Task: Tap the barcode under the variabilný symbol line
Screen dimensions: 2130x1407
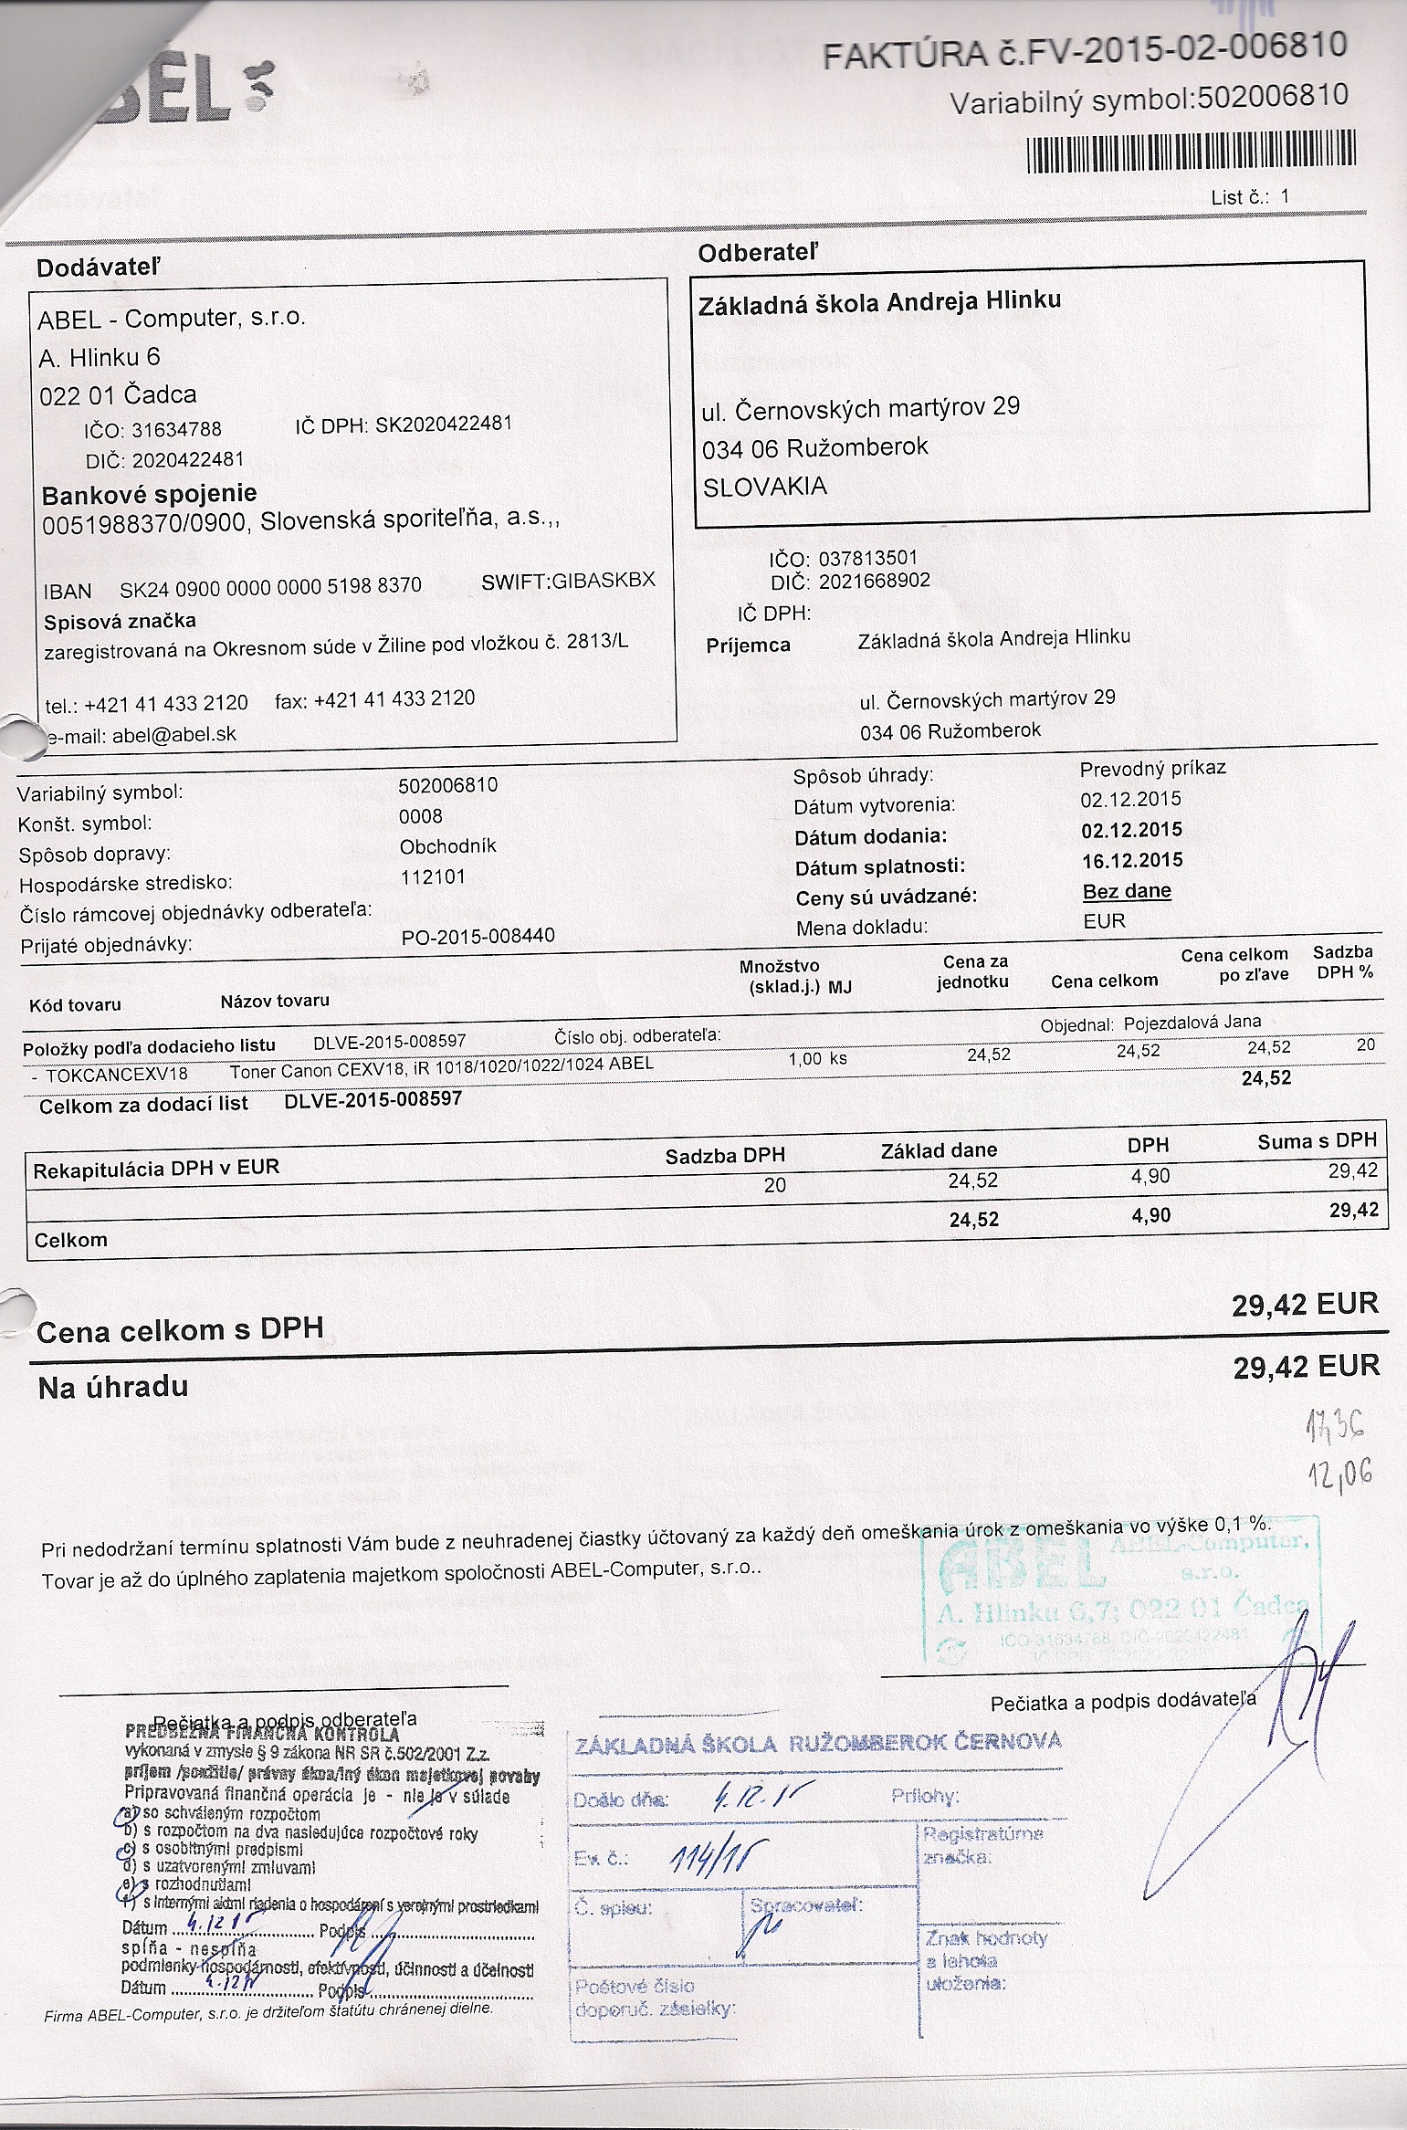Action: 1192,152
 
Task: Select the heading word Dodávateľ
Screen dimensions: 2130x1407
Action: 98,268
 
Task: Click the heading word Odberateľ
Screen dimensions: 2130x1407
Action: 758,253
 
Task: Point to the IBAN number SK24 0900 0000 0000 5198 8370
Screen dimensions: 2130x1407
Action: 271,587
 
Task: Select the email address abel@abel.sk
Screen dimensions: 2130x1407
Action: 174,736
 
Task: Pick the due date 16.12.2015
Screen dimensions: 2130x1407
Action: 1131,860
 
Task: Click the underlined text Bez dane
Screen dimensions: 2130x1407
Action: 1127,891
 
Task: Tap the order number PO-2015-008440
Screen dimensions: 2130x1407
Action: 478,936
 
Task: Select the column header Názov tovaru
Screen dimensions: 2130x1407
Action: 275,1001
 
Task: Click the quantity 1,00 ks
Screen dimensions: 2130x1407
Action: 817,1059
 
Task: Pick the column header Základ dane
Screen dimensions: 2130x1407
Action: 939,1150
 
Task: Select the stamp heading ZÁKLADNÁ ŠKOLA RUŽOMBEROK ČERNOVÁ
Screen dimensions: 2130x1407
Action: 818,1743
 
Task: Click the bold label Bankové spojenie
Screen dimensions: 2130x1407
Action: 150,494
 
